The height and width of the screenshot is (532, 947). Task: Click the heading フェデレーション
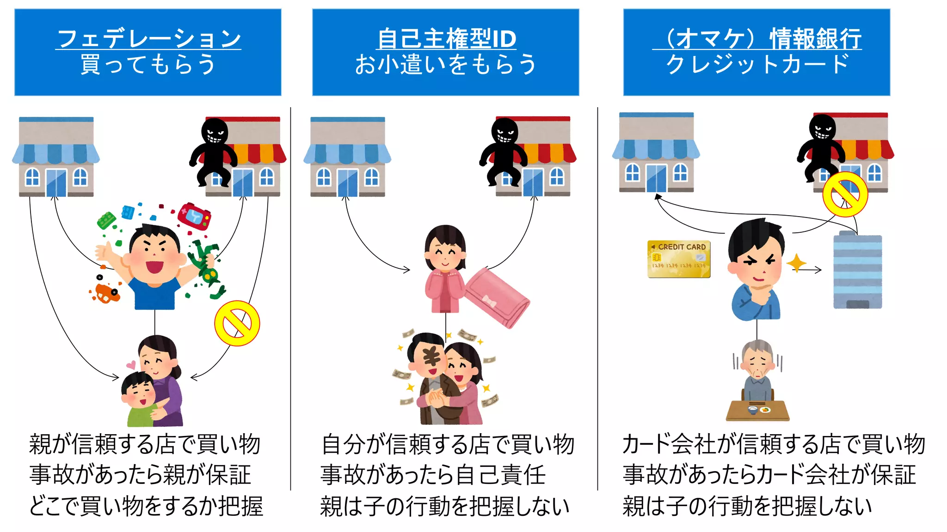(x=148, y=38)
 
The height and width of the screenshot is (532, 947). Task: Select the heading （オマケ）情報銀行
(x=757, y=38)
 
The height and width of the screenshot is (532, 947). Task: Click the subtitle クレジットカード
(x=757, y=64)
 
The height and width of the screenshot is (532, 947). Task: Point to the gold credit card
(x=678, y=259)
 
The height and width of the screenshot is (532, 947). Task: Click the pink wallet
(x=497, y=298)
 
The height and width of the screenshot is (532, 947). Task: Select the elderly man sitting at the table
(x=757, y=374)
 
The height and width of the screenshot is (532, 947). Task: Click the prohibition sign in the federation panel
(x=237, y=323)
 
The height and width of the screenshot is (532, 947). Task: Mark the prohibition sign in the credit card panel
(x=845, y=194)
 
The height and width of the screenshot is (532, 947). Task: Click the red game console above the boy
(x=195, y=216)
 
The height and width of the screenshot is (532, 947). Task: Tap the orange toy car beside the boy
(x=106, y=292)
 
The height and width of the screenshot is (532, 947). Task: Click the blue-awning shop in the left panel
(x=56, y=157)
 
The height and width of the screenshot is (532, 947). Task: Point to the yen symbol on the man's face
(x=432, y=357)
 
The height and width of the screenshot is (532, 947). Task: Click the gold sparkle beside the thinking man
(x=796, y=263)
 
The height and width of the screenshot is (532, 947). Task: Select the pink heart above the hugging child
(x=131, y=365)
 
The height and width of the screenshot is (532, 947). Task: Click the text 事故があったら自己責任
(x=433, y=475)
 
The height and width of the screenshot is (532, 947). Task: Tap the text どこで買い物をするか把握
(x=146, y=506)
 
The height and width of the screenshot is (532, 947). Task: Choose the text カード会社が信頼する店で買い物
(x=773, y=444)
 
